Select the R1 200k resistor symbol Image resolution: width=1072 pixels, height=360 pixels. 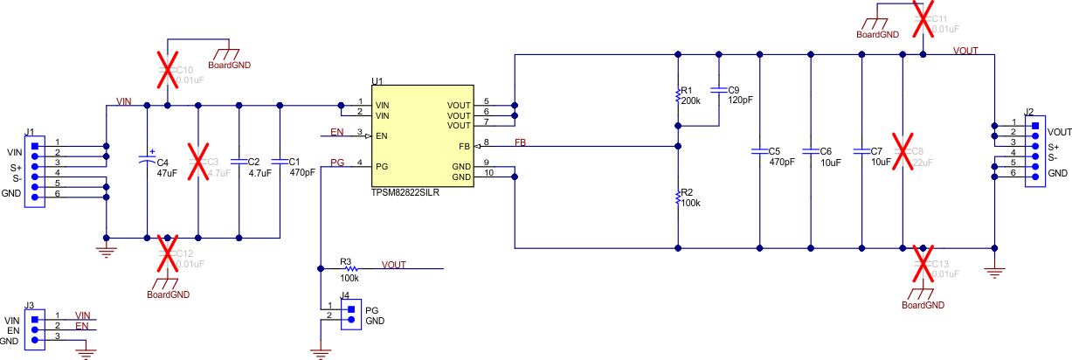(678, 95)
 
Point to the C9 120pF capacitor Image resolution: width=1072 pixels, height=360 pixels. (718, 89)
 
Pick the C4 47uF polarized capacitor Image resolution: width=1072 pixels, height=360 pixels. (147, 161)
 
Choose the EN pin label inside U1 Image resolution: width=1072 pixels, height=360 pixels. (382, 136)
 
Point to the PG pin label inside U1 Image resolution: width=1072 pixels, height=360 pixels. (382, 166)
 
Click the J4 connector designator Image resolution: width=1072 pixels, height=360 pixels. (346, 295)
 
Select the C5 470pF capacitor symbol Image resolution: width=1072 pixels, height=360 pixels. (759, 151)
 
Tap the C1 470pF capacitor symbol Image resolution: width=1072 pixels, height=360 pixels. (280, 161)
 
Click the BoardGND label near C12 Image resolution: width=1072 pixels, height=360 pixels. (169, 294)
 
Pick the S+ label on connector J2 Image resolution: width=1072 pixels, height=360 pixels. (1055, 146)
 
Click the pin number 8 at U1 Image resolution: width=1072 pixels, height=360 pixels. (486, 142)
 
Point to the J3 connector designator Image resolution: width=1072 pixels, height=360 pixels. (30, 306)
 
